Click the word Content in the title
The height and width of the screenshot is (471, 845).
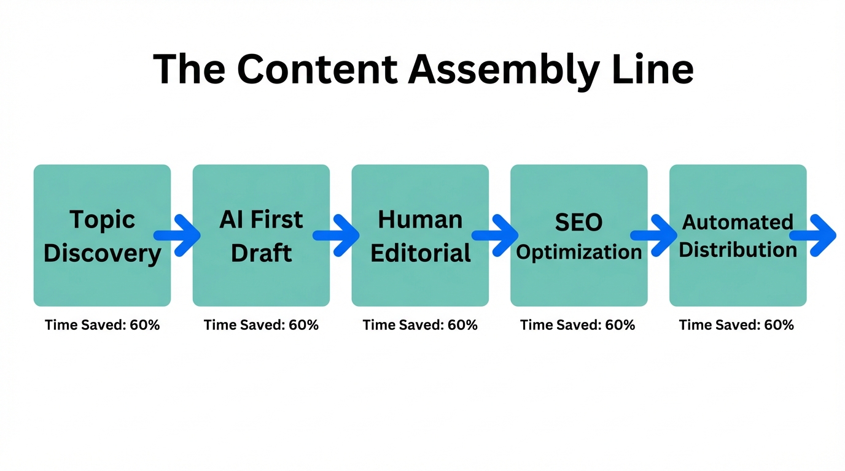click(x=317, y=69)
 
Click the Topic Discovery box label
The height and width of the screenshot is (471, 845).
click(x=102, y=235)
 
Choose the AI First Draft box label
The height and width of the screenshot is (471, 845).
click(x=261, y=235)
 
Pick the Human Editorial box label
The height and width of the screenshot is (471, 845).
click(x=420, y=235)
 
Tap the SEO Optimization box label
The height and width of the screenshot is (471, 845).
click(x=578, y=237)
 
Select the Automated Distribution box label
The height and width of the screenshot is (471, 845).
click(x=738, y=235)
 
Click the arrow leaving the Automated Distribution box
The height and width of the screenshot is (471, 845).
click(x=814, y=235)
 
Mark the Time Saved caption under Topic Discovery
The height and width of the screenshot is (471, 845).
click(x=102, y=325)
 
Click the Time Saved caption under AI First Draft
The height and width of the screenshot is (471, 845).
click(x=261, y=325)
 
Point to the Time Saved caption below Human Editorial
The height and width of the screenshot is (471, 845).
click(x=420, y=325)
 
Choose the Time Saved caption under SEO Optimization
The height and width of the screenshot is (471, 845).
click(x=578, y=325)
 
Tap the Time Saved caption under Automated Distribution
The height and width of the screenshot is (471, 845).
click(x=736, y=325)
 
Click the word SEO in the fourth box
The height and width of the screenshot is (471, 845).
click(x=578, y=223)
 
